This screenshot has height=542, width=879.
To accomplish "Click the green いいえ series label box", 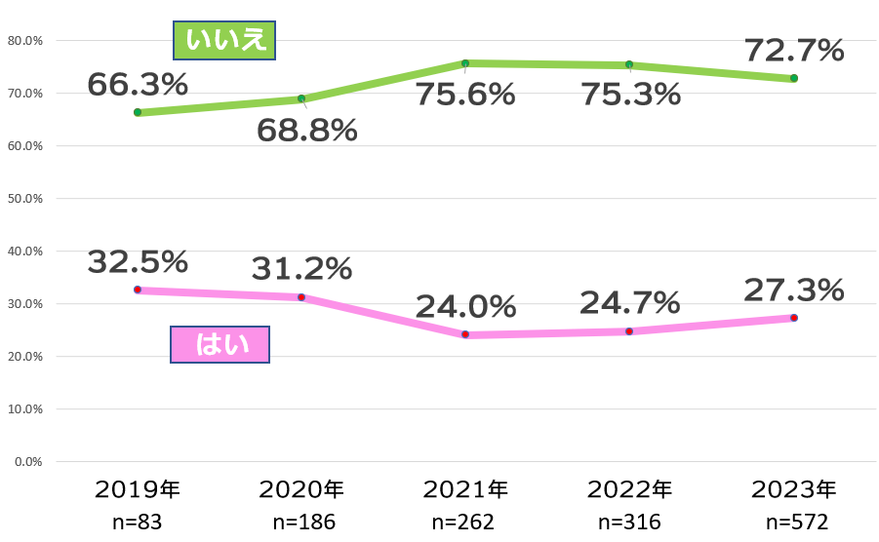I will pos(224,41).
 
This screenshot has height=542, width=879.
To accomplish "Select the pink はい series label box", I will pos(220,344).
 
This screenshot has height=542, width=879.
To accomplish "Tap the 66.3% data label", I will pos(138,85).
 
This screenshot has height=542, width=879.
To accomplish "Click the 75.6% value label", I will pos(465,95).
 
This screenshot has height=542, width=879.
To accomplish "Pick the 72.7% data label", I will pos(794,50).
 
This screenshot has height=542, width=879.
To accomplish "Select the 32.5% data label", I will pos(138,261).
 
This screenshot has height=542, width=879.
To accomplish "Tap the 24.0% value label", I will pos(465,307).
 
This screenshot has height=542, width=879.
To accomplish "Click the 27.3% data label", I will pos(794,290).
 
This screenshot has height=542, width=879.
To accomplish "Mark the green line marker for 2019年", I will pos(138,112).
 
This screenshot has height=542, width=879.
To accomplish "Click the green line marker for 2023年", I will pos(794,78).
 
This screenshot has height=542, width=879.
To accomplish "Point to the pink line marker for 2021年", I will pos(465,334).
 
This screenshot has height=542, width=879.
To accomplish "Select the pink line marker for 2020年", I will pos(301,297).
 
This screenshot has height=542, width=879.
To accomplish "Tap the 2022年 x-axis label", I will pos(629,488).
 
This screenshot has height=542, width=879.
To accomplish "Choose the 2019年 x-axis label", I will pos(138,488).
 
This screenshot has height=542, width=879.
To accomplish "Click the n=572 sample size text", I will pos(794,522).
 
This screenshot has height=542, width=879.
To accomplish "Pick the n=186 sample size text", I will pos(301,522).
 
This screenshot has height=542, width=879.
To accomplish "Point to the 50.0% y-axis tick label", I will pos(24,199).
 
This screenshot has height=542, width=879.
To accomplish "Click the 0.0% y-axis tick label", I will pos(27,461).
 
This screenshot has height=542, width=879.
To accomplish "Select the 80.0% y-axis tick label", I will pos(24,41).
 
